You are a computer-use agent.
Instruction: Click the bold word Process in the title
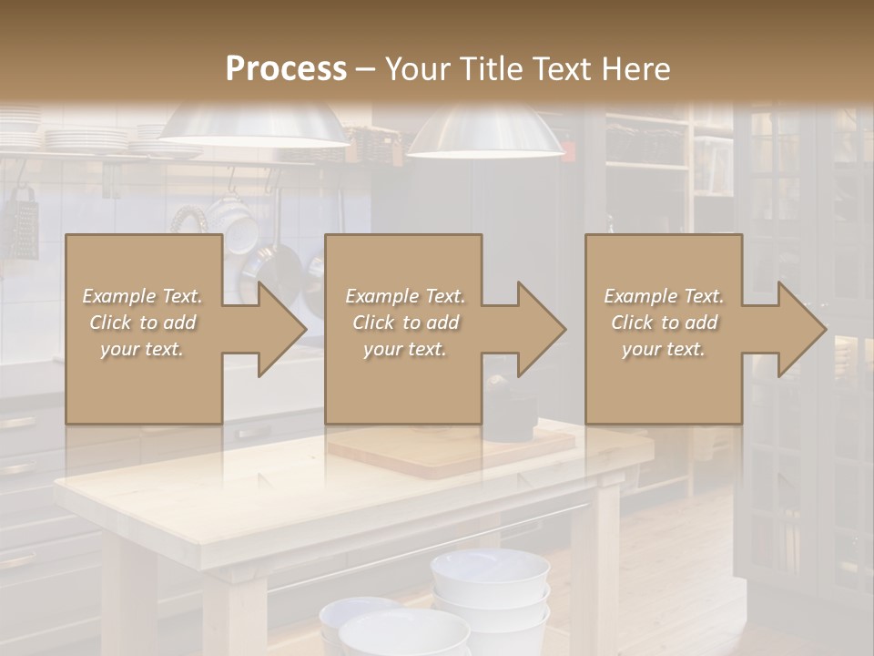286,69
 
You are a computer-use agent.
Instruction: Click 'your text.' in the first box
142,349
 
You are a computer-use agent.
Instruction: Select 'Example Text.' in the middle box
404,296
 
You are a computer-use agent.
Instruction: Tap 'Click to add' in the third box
664,323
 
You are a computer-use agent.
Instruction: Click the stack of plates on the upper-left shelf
86,138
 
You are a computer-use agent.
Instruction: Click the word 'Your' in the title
416,69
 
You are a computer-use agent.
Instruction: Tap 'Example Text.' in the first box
142,296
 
